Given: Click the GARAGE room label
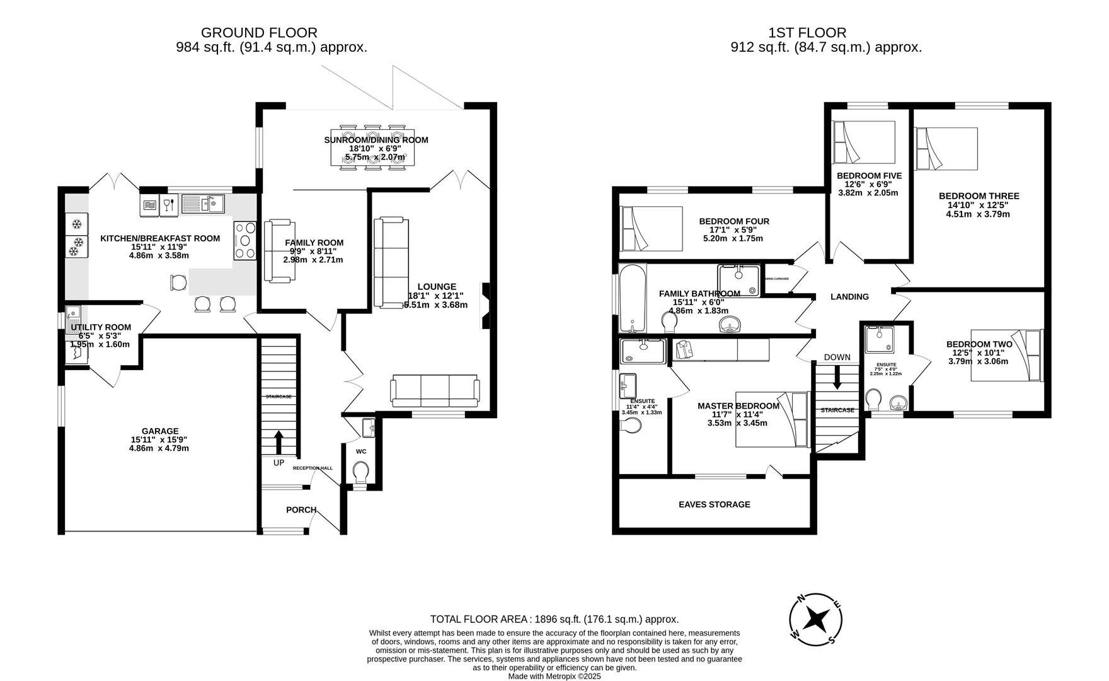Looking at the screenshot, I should (159, 431).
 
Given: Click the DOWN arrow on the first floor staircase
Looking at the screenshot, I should (837, 380).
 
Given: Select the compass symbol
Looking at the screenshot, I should (817, 620).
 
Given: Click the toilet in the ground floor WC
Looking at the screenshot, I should (360, 471).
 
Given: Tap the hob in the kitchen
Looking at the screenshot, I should (246, 240).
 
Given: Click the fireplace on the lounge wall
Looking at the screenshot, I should (485, 306).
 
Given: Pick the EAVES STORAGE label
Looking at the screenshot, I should (714, 504).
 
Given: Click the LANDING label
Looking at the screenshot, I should (849, 297).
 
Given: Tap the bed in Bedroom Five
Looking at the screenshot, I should (864, 143).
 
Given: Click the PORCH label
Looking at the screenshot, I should (301, 509).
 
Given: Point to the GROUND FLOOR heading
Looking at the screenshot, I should (259, 33).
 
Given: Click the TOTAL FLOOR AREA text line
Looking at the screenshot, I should (554, 619).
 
